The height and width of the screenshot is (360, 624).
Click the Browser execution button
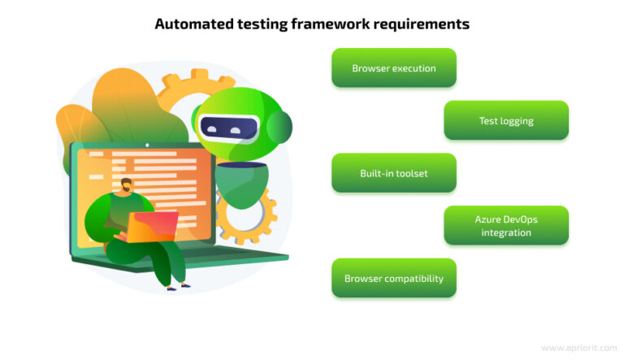(x=393, y=68)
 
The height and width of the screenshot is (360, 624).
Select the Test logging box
(x=505, y=121)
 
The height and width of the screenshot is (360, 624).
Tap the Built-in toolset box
(x=393, y=173)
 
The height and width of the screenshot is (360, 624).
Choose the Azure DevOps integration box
(x=505, y=226)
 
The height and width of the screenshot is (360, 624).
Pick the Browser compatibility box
(x=393, y=278)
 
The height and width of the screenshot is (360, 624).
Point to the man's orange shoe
(x=177, y=286)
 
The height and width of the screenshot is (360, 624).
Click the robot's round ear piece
(x=280, y=127)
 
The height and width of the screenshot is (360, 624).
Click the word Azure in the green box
(x=487, y=219)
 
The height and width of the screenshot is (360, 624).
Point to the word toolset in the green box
(x=411, y=173)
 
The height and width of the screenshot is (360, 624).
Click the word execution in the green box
(x=414, y=68)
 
